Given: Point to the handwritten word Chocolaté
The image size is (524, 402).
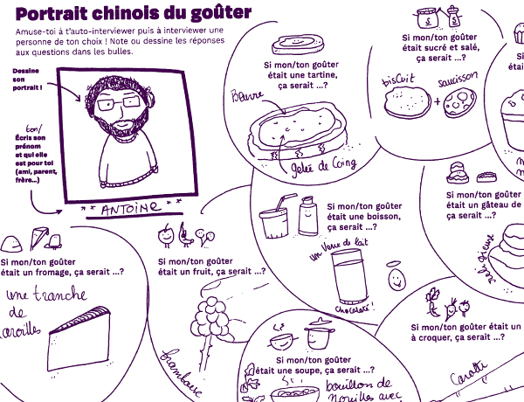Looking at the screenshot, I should click(353, 309).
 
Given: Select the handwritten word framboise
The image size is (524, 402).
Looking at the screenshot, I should click(178, 366).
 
